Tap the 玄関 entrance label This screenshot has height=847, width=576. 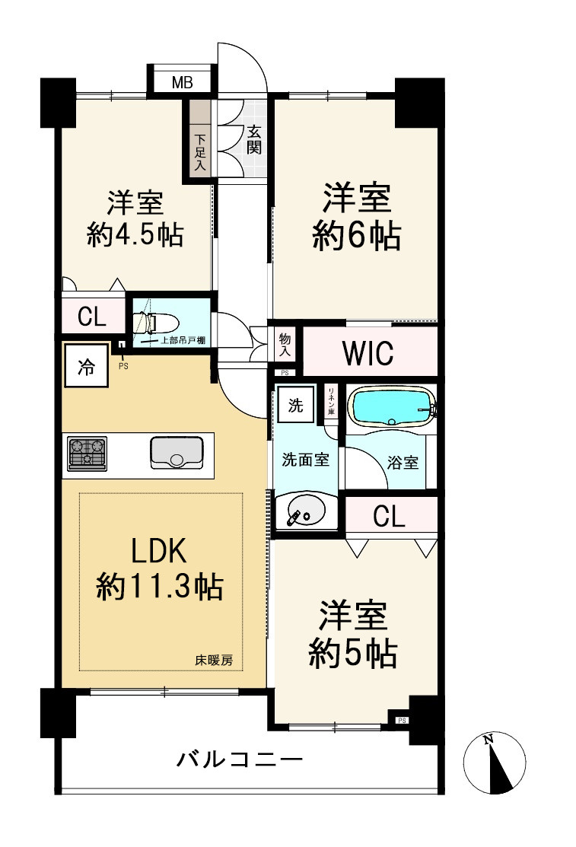(x=254, y=139)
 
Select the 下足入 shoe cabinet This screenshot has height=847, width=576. (x=200, y=151)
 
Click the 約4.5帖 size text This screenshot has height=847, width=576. (x=135, y=236)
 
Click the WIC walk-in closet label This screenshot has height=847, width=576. (x=368, y=353)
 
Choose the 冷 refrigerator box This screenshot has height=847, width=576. (x=85, y=367)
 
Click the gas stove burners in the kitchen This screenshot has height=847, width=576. (x=87, y=454)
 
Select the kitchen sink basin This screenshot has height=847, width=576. (x=176, y=454)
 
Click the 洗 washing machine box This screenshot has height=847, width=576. (x=295, y=404)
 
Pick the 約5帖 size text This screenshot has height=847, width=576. (x=352, y=653)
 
